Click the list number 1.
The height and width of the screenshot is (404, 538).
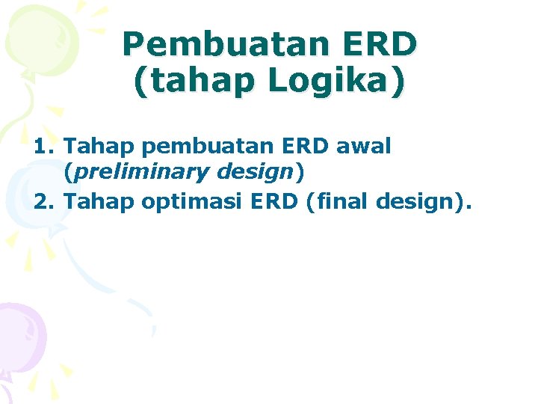tap(43, 146)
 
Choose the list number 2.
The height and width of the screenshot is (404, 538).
tap(43, 200)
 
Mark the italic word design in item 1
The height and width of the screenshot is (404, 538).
tap(253, 173)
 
